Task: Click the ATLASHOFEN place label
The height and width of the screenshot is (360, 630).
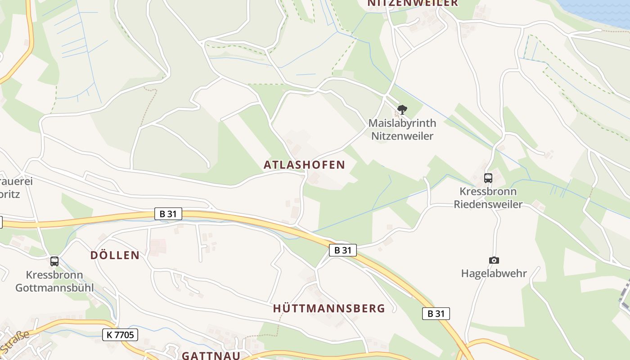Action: (x=304, y=165)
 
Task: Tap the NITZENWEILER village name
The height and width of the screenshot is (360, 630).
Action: (x=413, y=3)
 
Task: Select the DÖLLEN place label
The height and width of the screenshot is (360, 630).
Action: (x=115, y=255)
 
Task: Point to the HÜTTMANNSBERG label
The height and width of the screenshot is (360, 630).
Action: (x=329, y=308)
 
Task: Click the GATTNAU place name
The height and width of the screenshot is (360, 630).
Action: (x=211, y=355)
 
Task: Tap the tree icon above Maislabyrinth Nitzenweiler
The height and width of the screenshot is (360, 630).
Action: (x=402, y=109)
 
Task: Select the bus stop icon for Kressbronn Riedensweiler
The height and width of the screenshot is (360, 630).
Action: (x=488, y=178)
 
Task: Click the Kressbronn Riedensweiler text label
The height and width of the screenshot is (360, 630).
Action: (x=488, y=198)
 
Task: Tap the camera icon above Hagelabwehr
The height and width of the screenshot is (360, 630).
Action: (x=494, y=260)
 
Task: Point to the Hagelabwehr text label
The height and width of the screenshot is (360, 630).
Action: (x=494, y=273)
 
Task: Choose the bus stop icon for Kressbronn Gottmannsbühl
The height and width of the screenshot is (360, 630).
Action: (x=54, y=261)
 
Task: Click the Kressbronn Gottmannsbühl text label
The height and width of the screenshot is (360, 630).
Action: (x=54, y=281)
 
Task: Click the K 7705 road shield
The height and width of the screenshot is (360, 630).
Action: (x=120, y=334)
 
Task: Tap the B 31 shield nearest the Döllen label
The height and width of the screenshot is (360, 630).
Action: (x=168, y=214)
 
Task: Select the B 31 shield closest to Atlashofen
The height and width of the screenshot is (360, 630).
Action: (x=343, y=250)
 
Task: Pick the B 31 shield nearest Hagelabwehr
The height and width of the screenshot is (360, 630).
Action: (x=436, y=314)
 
